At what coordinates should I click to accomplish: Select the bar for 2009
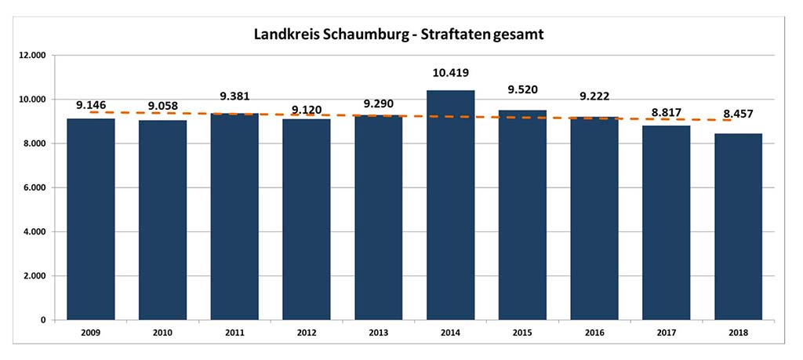[x=91, y=220]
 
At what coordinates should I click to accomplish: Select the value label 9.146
[x=92, y=104]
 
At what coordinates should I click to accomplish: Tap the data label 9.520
[x=522, y=89]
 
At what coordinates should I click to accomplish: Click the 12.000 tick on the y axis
[x=33, y=56]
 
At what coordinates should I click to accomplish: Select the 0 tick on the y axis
[x=44, y=321]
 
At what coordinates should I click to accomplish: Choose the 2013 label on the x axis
[x=379, y=333]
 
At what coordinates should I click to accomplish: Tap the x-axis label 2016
[x=594, y=333]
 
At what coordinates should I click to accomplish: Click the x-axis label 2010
[x=163, y=333]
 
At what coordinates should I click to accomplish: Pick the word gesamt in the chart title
[x=522, y=35]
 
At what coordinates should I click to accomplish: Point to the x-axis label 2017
[x=666, y=333]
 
